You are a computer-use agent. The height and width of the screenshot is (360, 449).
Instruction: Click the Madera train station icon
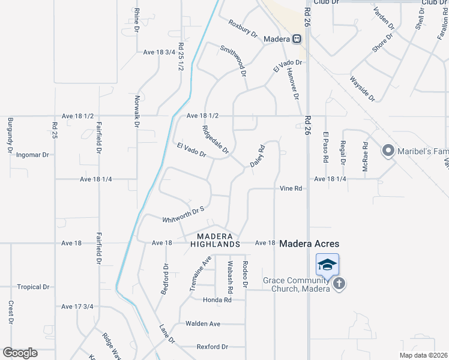pyautogui.click(x=297, y=39)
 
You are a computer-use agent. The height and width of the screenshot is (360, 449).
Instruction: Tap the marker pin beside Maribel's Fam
pyautogui.click(x=388, y=151)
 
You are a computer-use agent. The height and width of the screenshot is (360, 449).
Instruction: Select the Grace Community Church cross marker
pyautogui.click(x=339, y=283)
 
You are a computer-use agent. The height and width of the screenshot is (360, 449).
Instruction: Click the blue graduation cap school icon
pyautogui.click(x=328, y=265)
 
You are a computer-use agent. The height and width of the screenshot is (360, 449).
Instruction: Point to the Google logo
pyautogui.click(x=20, y=353)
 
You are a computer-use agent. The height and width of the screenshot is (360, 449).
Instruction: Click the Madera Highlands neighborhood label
pyautogui.click(x=215, y=240)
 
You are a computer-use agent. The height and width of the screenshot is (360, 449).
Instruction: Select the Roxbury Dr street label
pyautogui.click(x=243, y=28)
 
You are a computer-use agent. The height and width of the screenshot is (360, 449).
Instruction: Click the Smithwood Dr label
pyautogui.click(x=233, y=61)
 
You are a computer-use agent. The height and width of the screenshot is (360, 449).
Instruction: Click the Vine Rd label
pyautogui.click(x=290, y=188)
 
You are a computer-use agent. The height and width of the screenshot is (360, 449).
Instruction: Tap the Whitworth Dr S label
pyautogui.click(x=184, y=214)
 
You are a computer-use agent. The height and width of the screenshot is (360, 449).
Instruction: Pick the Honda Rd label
pyautogui.click(x=217, y=299)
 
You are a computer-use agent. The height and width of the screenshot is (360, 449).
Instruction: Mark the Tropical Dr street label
pyautogui.click(x=33, y=287)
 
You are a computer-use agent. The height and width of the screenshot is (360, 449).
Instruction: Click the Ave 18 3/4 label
pyautogui.click(x=159, y=52)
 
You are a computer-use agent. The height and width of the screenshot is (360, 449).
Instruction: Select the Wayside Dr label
pyautogui.click(x=363, y=88)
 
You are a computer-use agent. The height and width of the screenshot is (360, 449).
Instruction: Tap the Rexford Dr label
pyautogui.click(x=212, y=347)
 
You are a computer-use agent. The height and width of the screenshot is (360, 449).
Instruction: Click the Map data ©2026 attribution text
pyautogui.click(x=423, y=355)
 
